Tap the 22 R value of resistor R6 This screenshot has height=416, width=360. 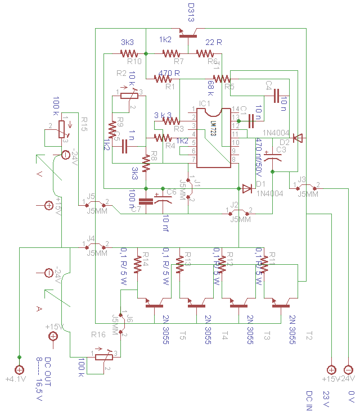[213, 42]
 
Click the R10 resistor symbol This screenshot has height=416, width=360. [129, 53]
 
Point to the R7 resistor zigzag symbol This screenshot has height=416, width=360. [170, 53]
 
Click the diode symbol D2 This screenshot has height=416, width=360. [298, 138]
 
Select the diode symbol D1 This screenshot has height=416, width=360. [246, 188]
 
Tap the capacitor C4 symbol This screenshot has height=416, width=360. [276, 97]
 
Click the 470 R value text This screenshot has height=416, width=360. [169, 74]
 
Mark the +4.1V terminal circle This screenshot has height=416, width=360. [19, 370]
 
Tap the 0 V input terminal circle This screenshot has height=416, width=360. [349, 370]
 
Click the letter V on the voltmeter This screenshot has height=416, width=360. [39, 174]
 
